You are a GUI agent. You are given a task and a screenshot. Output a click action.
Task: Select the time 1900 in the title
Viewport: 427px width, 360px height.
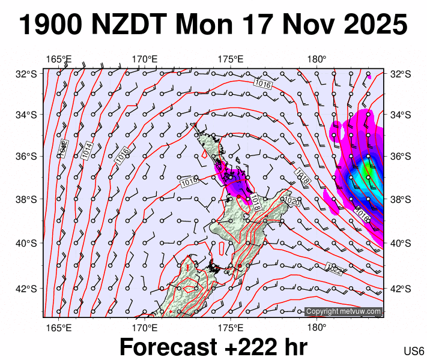coord(51,25)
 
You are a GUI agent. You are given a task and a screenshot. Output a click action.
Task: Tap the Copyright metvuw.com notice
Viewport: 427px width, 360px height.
coord(343,311)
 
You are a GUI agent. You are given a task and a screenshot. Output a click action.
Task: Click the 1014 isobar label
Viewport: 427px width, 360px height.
coord(88,150)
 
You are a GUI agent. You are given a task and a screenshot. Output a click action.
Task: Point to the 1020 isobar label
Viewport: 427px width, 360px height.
coord(291,200)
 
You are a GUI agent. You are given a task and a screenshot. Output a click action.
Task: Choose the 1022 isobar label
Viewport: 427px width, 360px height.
coord(334,269)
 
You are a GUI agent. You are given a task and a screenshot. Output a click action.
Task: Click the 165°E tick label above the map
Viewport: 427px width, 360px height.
coord(59,59)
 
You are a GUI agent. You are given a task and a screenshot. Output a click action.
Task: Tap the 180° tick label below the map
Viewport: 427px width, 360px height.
coord(316,328)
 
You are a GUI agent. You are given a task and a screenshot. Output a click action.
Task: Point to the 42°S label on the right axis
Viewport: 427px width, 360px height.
coord(399,289)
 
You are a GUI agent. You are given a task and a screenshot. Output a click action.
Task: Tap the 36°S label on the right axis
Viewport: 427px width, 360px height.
coord(399,157)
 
